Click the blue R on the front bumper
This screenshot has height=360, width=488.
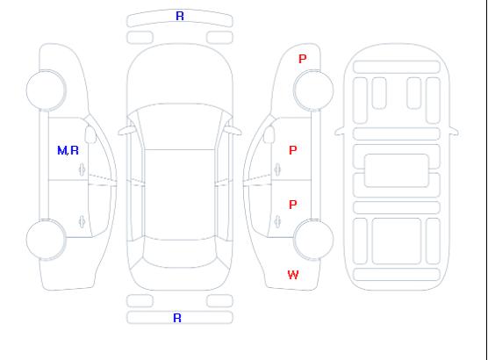(180, 16)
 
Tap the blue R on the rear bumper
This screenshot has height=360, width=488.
(177, 318)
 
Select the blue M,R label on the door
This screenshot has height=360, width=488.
(68, 151)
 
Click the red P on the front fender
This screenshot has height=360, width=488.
(303, 59)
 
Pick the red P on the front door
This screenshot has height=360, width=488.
(293, 150)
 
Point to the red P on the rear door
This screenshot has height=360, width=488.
(293, 205)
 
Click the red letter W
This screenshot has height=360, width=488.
(293, 275)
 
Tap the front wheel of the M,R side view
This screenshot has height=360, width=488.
(46, 90)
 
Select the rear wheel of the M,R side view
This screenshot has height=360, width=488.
(46, 240)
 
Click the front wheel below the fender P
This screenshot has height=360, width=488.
(313, 90)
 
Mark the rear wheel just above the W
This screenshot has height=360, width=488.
(313, 239)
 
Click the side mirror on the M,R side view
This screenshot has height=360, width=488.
(90, 134)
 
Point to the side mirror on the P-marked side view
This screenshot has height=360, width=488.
(269, 134)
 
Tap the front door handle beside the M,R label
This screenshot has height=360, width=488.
(83, 169)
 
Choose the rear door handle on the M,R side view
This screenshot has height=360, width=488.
(83, 221)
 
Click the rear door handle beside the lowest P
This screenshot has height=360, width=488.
(277, 221)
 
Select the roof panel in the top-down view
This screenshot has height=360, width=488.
(180, 195)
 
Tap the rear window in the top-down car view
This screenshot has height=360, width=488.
(180, 253)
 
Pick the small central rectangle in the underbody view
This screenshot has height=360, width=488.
(397, 170)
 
